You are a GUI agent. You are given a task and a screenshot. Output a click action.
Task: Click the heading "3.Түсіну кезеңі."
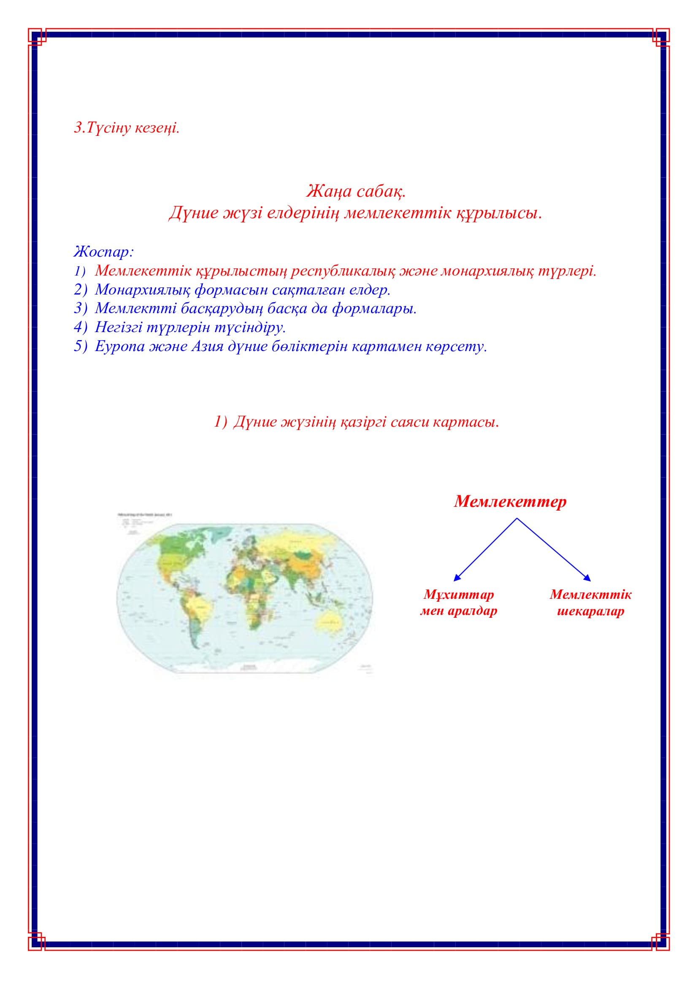(x=126, y=128)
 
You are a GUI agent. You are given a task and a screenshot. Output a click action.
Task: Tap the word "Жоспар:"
(x=103, y=251)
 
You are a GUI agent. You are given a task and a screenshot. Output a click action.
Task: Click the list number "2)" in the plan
(x=80, y=290)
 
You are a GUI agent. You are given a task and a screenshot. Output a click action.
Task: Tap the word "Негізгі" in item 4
(x=118, y=327)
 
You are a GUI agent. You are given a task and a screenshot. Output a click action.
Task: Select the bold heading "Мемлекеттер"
(x=510, y=502)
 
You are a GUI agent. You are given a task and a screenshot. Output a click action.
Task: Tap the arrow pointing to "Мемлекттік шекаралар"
(x=555, y=550)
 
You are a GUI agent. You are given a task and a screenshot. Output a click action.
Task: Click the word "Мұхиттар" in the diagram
(x=459, y=595)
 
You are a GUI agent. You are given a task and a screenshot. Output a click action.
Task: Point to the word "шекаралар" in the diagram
(x=590, y=611)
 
